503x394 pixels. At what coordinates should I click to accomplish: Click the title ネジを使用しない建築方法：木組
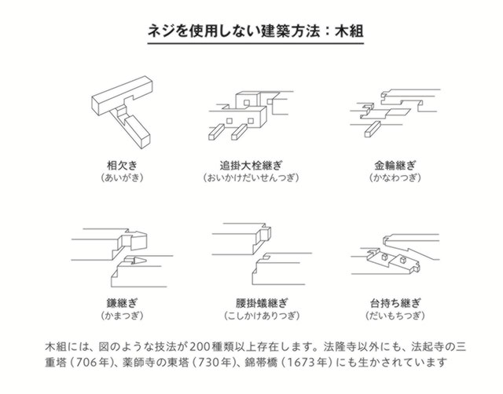click(255, 31)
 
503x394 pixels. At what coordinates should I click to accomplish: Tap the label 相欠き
click(122, 166)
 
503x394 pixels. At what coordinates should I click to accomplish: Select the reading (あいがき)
click(122, 177)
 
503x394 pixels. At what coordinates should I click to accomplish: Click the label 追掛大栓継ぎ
click(251, 166)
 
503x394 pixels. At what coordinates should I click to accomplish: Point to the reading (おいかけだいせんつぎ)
click(251, 177)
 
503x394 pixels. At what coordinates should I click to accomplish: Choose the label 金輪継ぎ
click(395, 166)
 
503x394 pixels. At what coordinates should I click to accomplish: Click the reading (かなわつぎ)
click(395, 177)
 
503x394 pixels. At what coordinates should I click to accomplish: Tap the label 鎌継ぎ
click(122, 303)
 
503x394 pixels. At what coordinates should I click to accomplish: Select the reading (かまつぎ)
click(122, 316)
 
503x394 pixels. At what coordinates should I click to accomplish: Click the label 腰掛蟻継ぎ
click(262, 303)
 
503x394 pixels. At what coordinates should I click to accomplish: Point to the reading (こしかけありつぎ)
click(262, 316)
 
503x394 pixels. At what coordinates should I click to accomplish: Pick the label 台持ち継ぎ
click(395, 303)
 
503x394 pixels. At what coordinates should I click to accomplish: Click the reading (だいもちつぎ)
click(395, 316)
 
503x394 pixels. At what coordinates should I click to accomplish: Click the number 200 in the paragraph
click(200, 347)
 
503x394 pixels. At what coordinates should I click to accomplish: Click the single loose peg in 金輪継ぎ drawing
click(373, 129)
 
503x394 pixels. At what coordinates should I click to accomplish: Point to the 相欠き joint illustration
click(123, 111)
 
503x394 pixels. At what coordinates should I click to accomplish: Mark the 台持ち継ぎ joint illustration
click(395, 254)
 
